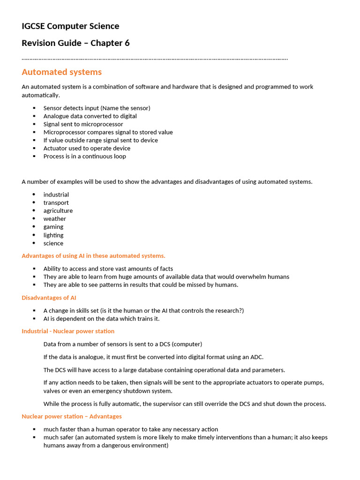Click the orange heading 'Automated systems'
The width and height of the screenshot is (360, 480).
[x=61, y=72]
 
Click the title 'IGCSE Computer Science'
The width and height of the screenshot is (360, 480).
[x=70, y=26]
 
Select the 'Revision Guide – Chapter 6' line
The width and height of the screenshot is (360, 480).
[x=75, y=43]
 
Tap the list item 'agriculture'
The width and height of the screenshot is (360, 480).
[x=58, y=211]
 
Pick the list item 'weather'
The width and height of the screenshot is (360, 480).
[x=55, y=219]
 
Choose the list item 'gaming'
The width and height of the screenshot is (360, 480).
[x=53, y=227]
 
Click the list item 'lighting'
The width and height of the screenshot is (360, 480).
[x=53, y=235]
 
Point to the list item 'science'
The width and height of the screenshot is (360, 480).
[x=53, y=243]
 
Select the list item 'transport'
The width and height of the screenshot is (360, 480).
[x=56, y=203]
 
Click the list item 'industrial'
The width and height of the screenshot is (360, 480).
[x=56, y=195]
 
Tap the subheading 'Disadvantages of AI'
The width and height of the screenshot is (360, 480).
[x=49, y=298]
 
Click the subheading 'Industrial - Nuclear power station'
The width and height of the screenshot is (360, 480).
[x=68, y=331]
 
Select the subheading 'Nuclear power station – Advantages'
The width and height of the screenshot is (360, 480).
[x=72, y=417]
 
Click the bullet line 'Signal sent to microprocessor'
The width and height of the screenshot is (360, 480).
[x=83, y=124]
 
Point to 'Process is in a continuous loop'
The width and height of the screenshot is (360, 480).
[x=85, y=157]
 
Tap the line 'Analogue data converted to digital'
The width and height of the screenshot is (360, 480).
[x=90, y=116]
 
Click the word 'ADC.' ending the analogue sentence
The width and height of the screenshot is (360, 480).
[x=257, y=357]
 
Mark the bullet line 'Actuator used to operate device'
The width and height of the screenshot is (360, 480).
[x=87, y=149]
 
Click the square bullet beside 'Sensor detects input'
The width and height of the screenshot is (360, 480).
[x=34, y=108]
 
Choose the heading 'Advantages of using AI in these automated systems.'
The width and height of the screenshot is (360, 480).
[x=93, y=256]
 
